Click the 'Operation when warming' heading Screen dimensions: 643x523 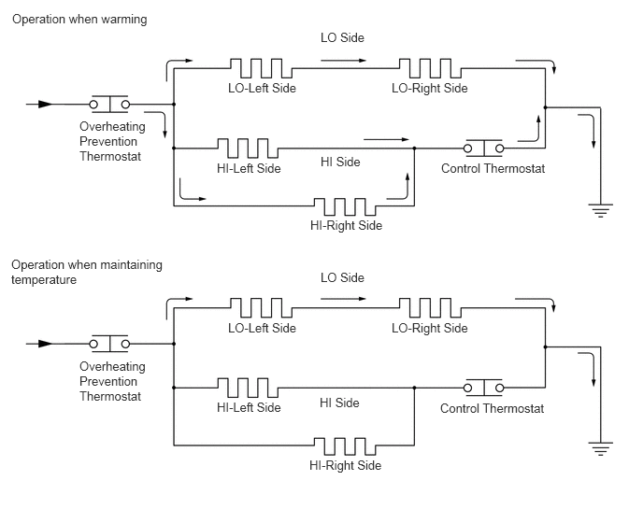coord(79,20)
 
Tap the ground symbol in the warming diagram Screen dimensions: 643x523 coord(600,210)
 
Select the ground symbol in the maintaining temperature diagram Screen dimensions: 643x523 coord(600,449)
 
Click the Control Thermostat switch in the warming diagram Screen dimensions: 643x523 coord(484,148)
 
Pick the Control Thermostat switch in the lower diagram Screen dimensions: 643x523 coord(484,388)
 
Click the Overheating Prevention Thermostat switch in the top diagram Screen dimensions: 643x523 coord(109,104)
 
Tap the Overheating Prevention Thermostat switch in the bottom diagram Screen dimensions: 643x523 coord(109,344)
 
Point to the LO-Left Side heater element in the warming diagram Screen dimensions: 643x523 coord(262,68)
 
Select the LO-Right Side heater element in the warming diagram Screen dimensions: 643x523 coord(430,68)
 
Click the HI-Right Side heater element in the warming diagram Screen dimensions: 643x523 coord(345,206)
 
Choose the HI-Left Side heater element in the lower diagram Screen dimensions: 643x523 coord(248,388)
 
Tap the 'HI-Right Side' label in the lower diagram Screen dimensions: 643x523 coord(345,465)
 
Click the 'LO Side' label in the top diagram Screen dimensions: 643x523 coord(342,37)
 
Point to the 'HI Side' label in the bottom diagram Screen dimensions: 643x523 coord(339,403)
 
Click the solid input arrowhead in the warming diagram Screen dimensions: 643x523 coord(46,104)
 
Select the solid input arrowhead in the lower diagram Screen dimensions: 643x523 coord(46,344)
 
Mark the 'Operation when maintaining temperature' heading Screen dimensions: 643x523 coord(87,272)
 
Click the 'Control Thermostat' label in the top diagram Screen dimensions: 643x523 coord(493,168)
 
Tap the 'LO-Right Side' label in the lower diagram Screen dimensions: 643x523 coord(430,328)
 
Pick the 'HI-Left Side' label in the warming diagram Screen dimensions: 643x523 coord(249,168)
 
